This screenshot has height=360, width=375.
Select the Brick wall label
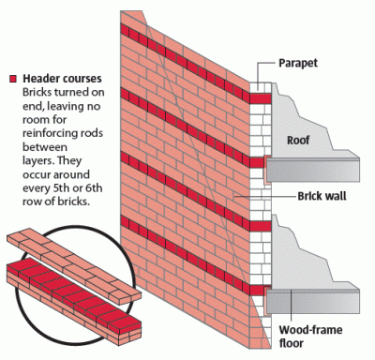coord(304,198)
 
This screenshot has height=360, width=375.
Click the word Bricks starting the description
coord(35,95)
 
